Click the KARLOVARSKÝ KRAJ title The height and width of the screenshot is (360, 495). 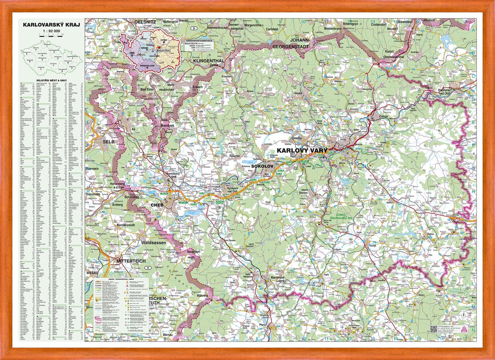click(x=49, y=24)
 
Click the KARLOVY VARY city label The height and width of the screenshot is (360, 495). click(x=302, y=150)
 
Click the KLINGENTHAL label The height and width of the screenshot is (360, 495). click(x=208, y=61)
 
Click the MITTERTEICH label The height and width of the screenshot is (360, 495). click(x=131, y=261)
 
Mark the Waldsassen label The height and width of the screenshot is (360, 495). click(x=154, y=243)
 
